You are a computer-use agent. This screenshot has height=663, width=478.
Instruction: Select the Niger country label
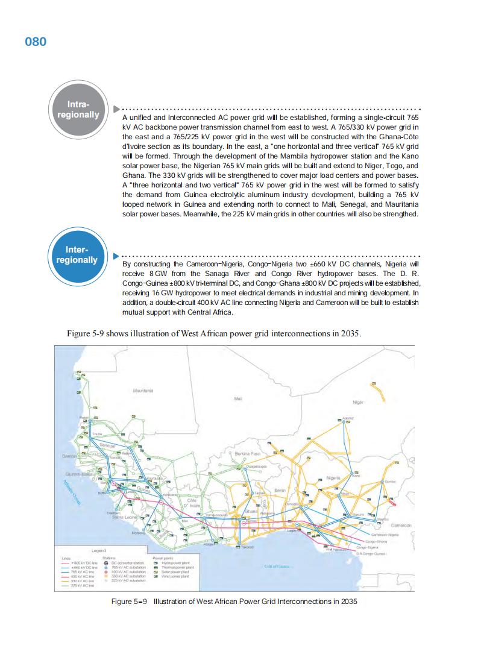pos(358,402)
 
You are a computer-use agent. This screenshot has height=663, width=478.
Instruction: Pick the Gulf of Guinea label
pos(277,566)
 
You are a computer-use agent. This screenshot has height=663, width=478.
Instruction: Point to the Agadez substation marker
pos(344,421)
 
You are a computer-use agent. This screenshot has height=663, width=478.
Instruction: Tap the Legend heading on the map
pos(98,551)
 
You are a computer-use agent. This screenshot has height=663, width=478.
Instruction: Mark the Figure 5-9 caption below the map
pos(239,602)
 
